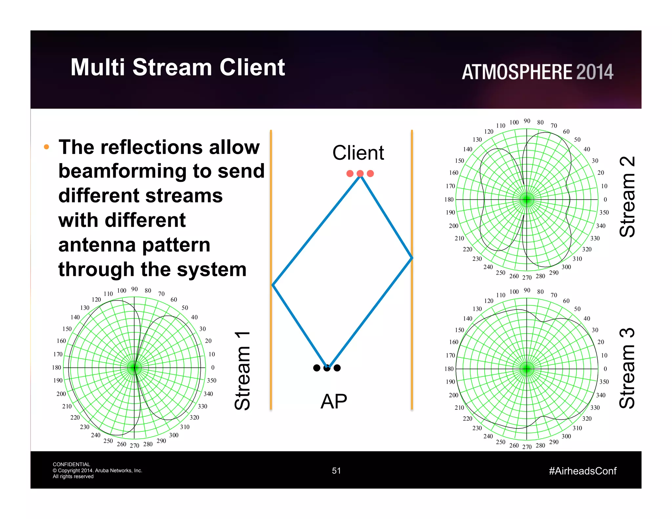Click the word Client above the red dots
pyautogui.click(x=358, y=153)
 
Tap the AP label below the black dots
pyautogui.click(x=333, y=401)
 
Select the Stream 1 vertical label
pyautogui.click(x=243, y=371)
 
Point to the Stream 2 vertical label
pyautogui.click(x=627, y=197)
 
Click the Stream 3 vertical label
pyautogui.click(x=627, y=368)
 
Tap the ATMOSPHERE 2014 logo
pyautogui.click(x=537, y=72)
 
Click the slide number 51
pyautogui.click(x=336, y=471)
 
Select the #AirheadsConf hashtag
pyautogui.click(x=582, y=471)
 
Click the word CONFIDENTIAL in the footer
pyautogui.click(x=71, y=464)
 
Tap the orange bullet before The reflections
pyautogui.click(x=47, y=147)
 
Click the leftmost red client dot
pyautogui.click(x=350, y=174)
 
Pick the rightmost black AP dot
pyautogui.click(x=337, y=368)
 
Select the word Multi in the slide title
pyautogui.click(x=97, y=67)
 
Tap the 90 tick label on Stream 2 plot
pyautogui.click(x=527, y=121)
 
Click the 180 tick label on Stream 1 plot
pyautogui.click(x=56, y=367)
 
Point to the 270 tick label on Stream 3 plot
pyautogui.click(x=527, y=447)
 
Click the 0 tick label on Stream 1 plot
pyautogui.click(x=213, y=367)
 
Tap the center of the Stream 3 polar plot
pyautogui.click(x=527, y=369)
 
